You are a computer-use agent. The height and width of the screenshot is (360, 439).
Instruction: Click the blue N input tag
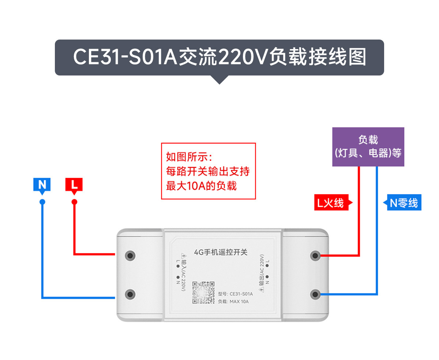click(42, 185)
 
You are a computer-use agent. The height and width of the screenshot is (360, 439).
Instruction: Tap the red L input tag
click(74, 185)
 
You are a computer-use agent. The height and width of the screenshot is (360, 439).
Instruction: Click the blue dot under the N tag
click(42, 202)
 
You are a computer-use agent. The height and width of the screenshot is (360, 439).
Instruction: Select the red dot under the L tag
click(74, 202)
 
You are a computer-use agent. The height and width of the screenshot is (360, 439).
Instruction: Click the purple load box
click(368, 146)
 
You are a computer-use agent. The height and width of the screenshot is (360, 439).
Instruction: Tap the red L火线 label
click(331, 203)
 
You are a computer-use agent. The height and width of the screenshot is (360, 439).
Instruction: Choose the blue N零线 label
click(404, 203)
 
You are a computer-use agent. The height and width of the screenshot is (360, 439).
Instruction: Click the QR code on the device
click(203, 292)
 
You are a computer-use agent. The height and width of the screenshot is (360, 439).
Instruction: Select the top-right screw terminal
click(315, 255)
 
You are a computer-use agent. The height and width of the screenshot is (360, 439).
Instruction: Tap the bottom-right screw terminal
click(315, 294)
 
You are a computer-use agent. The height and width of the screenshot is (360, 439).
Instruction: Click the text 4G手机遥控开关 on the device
click(221, 252)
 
